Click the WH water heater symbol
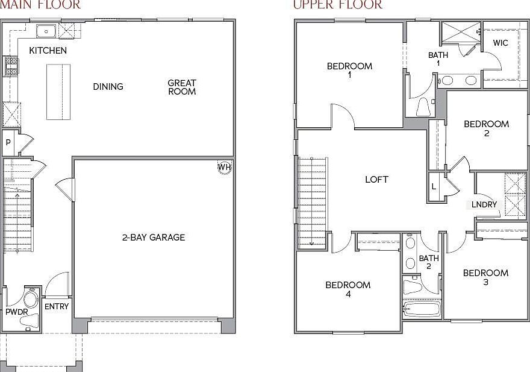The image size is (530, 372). click(x=224, y=168)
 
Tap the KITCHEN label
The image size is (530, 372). click(x=48, y=51)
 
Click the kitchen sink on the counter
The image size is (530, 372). click(x=46, y=31)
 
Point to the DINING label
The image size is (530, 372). click(x=108, y=87)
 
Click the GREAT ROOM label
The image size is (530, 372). click(x=182, y=87)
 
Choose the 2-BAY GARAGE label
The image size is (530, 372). click(x=154, y=238)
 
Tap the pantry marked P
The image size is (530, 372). click(x=8, y=143)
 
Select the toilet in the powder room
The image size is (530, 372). click(x=29, y=320)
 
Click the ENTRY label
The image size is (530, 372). click(x=57, y=306)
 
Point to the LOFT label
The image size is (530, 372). click(x=376, y=180)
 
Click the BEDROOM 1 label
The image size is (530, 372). click(x=349, y=71)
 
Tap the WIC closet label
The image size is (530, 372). click(x=500, y=43)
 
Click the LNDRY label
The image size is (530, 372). click(x=484, y=205)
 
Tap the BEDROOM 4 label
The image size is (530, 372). click(x=348, y=289)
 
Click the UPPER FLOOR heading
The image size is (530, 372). click(x=337, y=5)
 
